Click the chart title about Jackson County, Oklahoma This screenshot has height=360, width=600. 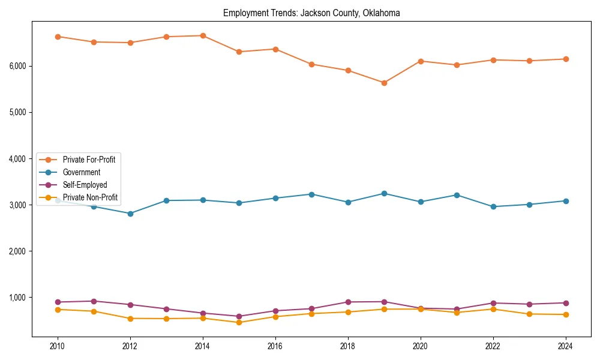coord(311,13)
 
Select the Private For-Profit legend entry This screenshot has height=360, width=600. coord(89,160)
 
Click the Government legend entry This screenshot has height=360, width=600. coord(81,172)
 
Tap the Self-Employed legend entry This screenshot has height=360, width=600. coord(85,185)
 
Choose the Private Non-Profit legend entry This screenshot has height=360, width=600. coord(90,197)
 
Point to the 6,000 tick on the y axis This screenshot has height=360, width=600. coord(19,66)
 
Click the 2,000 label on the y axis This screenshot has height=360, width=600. coord(19,251)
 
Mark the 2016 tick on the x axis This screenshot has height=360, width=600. coord(275,346)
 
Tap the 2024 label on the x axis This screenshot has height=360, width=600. coord(565,346)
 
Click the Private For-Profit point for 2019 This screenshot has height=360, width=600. coord(384,83)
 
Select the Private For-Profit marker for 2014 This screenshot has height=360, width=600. coord(203,35)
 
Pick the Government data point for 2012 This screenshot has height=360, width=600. coord(130,214)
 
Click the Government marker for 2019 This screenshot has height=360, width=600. coord(384,193)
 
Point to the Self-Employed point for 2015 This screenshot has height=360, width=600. coord(239,316)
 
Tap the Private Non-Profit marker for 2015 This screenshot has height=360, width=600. coord(239,323)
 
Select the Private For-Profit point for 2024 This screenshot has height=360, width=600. coord(565,59)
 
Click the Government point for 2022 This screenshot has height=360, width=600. coord(493,206)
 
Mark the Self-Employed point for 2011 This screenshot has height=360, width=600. coord(94,301)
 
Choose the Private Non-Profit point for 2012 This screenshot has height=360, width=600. coord(130,319)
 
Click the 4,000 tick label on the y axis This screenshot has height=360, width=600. coord(19,159)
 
